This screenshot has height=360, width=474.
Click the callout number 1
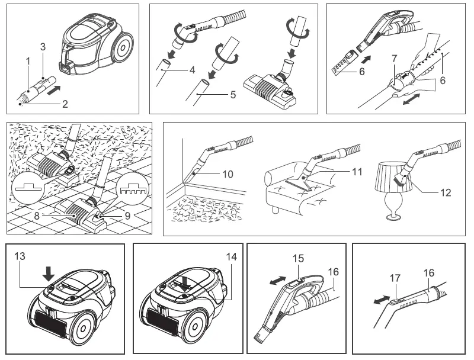coord(27,62)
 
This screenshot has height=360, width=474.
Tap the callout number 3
coord(43,46)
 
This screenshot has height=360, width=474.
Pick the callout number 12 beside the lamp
coord(446,192)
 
